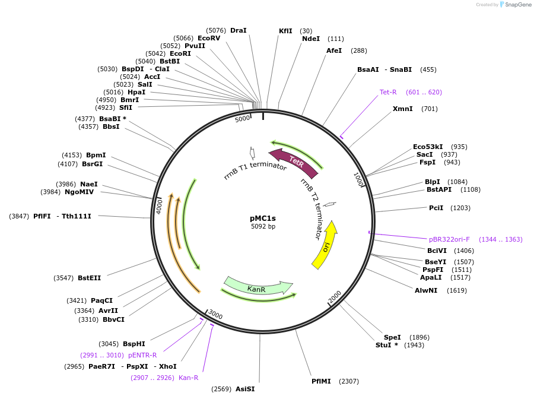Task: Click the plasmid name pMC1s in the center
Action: point(263,218)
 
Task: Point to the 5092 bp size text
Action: point(263,226)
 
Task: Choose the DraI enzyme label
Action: point(239,30)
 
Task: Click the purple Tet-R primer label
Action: point(388,92)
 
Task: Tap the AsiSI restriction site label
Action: point(245,389)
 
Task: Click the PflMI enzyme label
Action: point(322,381)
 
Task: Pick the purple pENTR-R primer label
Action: point(142,355)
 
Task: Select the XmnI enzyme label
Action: point(402,109)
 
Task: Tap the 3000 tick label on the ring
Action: point(215,315)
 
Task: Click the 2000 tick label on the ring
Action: point(335,296)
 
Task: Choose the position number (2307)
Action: point(349,381)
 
